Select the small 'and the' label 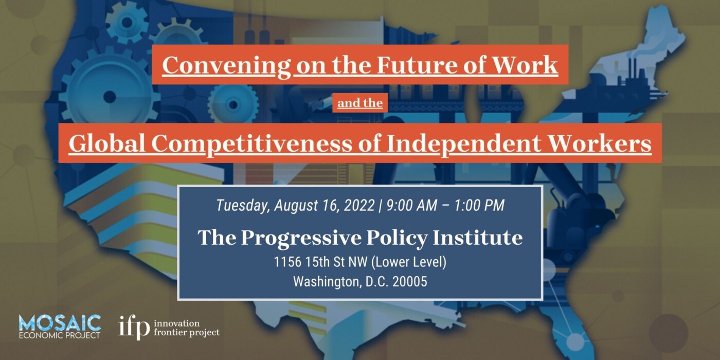(360, 103)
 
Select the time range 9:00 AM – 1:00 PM (445, 206)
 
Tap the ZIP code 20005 (409, 282)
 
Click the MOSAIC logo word (60, 322)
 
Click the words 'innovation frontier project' (186, 328)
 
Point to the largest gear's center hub (110, 96)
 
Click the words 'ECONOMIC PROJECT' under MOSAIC (60, 335)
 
